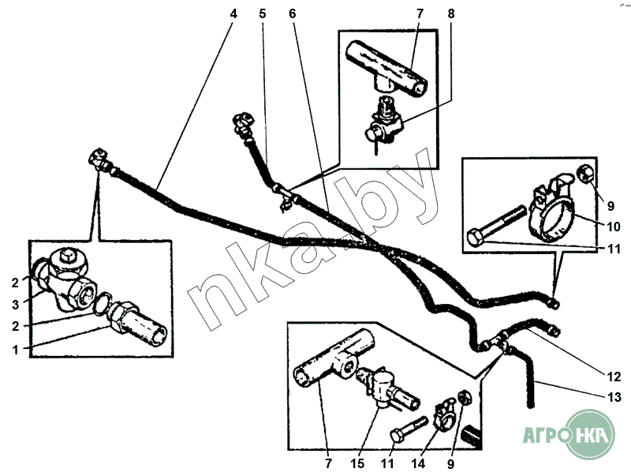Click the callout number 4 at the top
[x=233, y=13]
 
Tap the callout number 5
[x=263, y=13]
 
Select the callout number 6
[x=292, y=13]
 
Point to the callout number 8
[x=450, y=13]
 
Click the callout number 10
[x=614, y=227]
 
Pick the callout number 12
[x=614, y=377]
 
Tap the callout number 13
[x=614, y=398]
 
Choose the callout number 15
[x=357, y=463]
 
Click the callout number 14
[x=418, y=463]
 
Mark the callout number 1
[x=15, y=350]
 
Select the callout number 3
[x=15, y=305]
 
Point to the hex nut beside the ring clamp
[x=585, y=174]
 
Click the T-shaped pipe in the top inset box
[x=387, y=69]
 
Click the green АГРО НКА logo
[x=569, y=435]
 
